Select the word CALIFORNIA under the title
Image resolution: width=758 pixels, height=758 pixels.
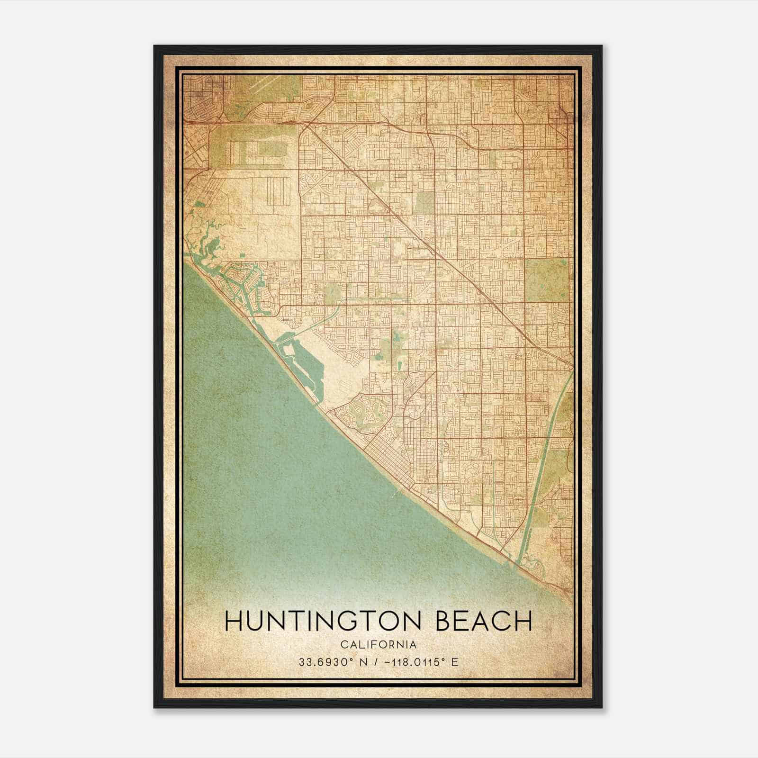(378, 644)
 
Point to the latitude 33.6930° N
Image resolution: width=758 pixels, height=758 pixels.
(329, 662)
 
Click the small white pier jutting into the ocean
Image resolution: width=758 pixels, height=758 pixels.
(397, 495)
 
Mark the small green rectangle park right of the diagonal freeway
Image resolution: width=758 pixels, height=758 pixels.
(424, 203)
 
